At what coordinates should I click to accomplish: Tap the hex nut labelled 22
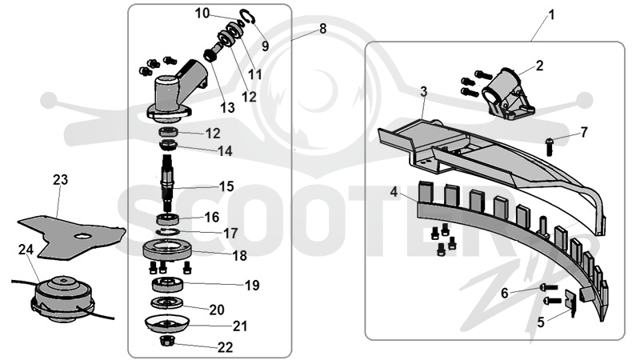[167, 340]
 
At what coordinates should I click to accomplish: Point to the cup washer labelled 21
[167, 324]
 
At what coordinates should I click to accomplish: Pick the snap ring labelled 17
[168, 232]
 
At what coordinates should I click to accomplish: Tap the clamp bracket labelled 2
[508, 94]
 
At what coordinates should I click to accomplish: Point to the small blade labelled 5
[570, 302]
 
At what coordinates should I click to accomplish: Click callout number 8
[323, 29]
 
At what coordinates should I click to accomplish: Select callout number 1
[552, 15]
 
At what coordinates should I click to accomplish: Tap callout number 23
[61, 179]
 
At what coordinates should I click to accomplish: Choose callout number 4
[394, 191]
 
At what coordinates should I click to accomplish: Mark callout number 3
[424, 92]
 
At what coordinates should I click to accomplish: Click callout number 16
[212, 217]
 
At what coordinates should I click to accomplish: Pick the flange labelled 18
[167, 250]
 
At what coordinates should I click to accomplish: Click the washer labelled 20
[166, 303]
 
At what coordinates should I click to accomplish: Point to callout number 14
[225, 151]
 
